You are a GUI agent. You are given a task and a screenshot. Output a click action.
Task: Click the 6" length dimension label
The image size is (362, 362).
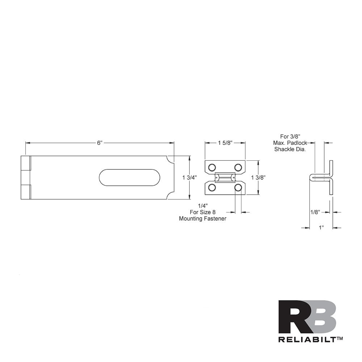tap(100, 143)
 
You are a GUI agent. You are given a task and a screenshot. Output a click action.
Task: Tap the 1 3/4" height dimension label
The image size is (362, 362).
tap(189, 177)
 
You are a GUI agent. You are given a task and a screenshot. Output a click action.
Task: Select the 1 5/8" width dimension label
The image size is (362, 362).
tap(225, 143)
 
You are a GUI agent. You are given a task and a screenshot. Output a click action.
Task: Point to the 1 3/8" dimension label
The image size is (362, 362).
tap(258, 177)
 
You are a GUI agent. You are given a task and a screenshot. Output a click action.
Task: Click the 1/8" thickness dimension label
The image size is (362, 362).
tap(315, 212)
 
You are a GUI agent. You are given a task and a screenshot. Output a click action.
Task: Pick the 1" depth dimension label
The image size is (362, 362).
tap(321, 228)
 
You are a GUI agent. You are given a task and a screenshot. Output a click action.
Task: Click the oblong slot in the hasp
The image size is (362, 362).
tap(130, 177)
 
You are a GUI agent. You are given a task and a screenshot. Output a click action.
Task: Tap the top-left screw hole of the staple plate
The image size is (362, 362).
tap(212, 167)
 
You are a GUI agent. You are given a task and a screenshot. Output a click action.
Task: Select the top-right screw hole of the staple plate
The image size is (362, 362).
tap(238, 167)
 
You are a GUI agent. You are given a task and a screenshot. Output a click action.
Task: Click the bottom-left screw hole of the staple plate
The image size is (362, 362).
tap(212, 188)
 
